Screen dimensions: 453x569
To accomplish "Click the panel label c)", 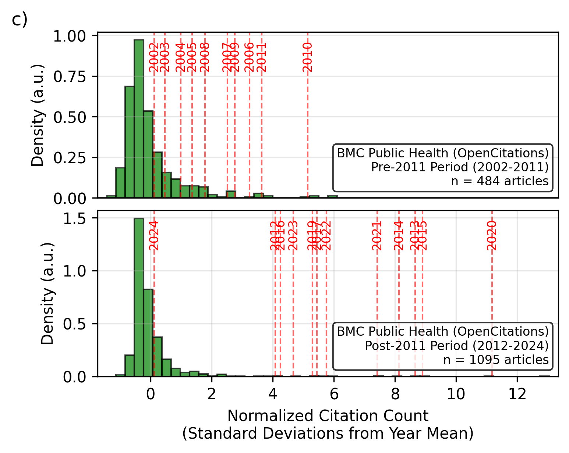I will pos(20,20).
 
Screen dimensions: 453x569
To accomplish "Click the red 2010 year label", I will pos(307,57).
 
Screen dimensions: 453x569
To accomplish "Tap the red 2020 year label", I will pos(492,236).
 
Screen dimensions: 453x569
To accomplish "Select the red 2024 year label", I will pos(154,236).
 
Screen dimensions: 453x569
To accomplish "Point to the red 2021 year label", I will pos(377,236).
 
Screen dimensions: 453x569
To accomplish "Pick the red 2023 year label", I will pos(293,236).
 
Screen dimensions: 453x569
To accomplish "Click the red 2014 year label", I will pos(399,236).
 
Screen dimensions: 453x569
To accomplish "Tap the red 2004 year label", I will pos(180,57).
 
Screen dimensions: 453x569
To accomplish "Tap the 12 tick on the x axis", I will pos(517,395).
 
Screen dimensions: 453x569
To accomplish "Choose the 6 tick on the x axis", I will pos(334,395).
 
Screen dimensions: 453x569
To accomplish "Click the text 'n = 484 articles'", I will pos(500,181).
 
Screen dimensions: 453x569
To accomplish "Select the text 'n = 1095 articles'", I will pos(496,360).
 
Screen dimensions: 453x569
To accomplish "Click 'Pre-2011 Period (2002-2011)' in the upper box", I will pos(460,167).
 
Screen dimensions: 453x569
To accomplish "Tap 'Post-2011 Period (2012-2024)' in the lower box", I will pos(457,346).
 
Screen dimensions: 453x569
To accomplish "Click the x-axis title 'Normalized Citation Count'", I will pos(328,416).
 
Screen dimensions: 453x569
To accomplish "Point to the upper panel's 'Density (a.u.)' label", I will pos(38,115).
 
